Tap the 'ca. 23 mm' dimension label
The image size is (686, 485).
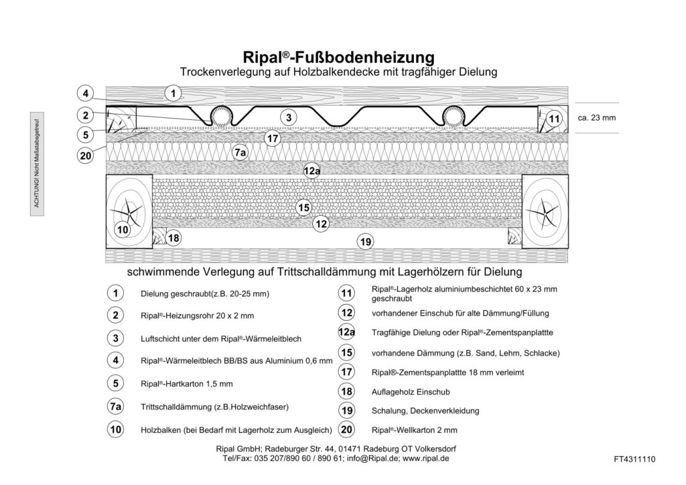click(x=596, y=118)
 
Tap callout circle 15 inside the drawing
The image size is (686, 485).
click(x=303, y=208)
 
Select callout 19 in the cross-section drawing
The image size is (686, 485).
click(x=365, y=242)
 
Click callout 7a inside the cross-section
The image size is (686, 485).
click(x=241, y=153)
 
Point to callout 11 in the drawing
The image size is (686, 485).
click(x=553, y=119)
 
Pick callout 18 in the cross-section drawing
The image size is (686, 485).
click(x=173, y=238)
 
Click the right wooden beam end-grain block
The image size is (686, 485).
click(x=543, y=210)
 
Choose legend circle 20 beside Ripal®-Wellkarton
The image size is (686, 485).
click(x=346, y=429)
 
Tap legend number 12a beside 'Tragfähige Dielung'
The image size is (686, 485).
click(x=346, y=332)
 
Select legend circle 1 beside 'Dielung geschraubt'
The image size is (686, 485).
click(x=116, y=293)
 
